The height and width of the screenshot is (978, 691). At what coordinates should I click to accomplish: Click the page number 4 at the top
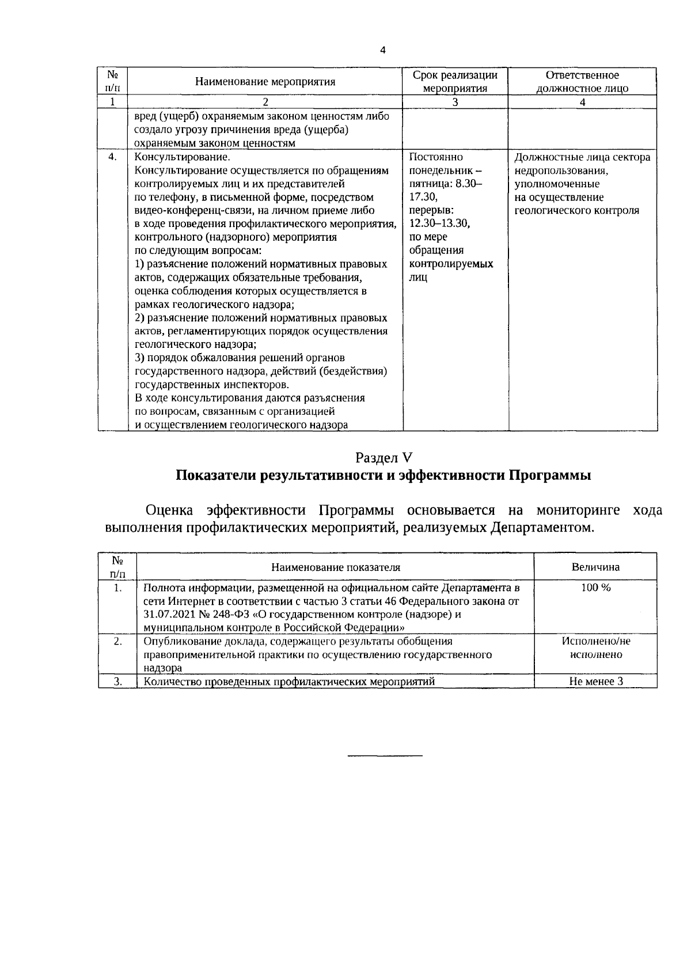tap(383, 50)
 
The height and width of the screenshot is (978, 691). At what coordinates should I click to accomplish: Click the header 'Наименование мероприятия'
tap(265, 81)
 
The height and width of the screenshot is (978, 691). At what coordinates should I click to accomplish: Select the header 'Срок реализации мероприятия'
tap(455, 81)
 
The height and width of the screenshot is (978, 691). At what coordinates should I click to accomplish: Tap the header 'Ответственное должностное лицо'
tap(582, 81)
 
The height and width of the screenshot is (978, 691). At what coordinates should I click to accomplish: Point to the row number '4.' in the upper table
tap(113, 157)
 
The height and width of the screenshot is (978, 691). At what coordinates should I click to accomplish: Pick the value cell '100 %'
tap(595, 587)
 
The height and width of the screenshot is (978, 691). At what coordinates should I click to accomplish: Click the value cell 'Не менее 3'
tap(595, 681)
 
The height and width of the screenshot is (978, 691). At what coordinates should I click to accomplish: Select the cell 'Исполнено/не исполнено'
tap(595, 648)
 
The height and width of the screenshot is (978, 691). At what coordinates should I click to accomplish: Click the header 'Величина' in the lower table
tap(595, 567)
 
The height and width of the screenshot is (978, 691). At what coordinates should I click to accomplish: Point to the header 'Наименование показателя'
tap(336, 567)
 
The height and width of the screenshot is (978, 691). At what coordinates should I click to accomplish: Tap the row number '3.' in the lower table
tap(117, 681)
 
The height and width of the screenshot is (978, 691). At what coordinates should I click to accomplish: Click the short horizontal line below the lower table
tap(385, 755)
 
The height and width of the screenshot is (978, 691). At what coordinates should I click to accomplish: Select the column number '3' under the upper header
tap(455, 102)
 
